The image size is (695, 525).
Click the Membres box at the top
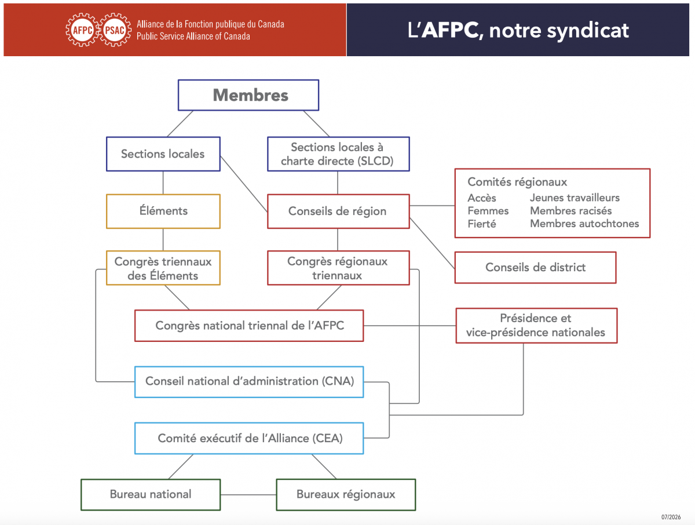click(248, 95)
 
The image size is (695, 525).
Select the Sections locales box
click(163, 154)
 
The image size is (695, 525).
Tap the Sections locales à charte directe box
click(338, 154)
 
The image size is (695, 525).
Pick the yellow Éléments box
click(163, 211)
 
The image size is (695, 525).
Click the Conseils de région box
click(338, 211)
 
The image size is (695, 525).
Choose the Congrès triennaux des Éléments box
click(163, 268)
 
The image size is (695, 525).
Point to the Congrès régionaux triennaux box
click(338, 268)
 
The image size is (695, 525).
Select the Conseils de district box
click(535, 268)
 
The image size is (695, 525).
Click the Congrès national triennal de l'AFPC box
click(249, 326)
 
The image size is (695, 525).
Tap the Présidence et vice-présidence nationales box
click(536, 326)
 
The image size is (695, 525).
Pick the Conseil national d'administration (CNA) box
click(249, 382)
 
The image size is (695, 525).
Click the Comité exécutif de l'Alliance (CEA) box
click(249, 438)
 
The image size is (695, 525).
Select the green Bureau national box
click(151, 495)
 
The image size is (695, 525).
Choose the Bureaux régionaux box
click(346, 495)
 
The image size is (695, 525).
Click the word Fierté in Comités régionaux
click(482, 224)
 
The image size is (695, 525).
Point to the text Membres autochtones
click(584, 224)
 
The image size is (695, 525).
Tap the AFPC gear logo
click(82, 30)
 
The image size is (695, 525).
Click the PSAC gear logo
click(115, 30)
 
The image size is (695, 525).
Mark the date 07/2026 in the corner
click(671, 517)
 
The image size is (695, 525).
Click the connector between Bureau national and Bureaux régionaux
click(248, 495)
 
